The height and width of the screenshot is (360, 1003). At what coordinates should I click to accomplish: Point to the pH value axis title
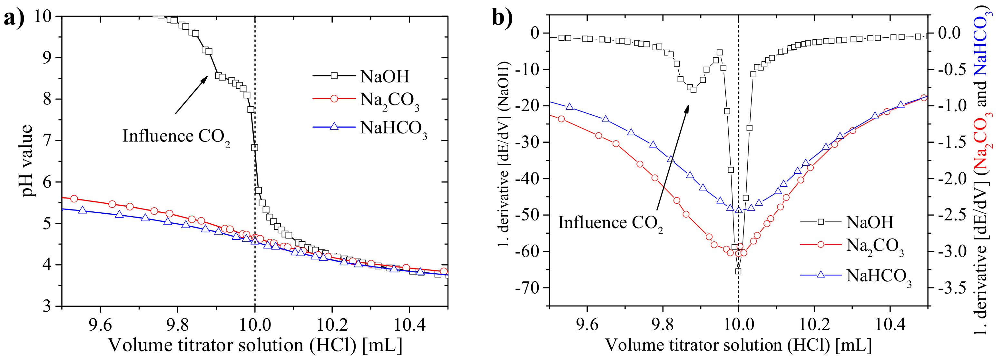tap(26, 161)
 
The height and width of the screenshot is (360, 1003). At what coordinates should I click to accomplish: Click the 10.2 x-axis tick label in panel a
tap(332, 325)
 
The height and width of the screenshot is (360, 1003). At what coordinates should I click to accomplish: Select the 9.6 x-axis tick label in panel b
tap(587, 325)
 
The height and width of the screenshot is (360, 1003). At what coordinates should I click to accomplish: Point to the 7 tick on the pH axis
tap(47, 141)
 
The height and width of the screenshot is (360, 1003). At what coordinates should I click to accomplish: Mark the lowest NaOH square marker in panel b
tap(738, 271)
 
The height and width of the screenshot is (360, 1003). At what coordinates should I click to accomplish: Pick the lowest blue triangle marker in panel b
tap(739, 210)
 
